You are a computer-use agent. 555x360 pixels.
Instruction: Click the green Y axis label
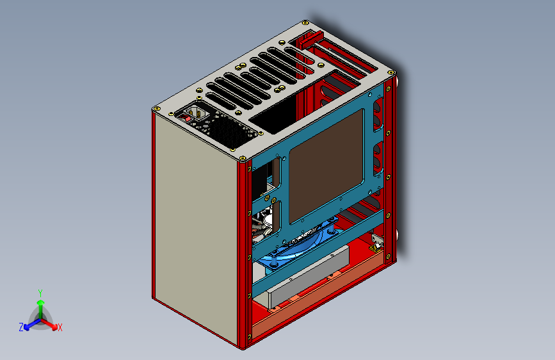coord(40,292)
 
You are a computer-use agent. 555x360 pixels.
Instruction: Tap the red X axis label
coord(60,327)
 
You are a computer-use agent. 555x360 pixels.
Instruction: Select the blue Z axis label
coord(21,327)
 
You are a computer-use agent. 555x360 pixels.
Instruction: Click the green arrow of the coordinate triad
coord(40,306)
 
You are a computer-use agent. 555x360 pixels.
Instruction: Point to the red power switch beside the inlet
coord(188,117)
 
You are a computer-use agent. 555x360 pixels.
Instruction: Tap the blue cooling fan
coord(301,246)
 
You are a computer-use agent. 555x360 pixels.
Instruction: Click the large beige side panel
coord(192,224)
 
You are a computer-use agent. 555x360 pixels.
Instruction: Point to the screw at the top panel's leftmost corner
coord(156,110)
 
